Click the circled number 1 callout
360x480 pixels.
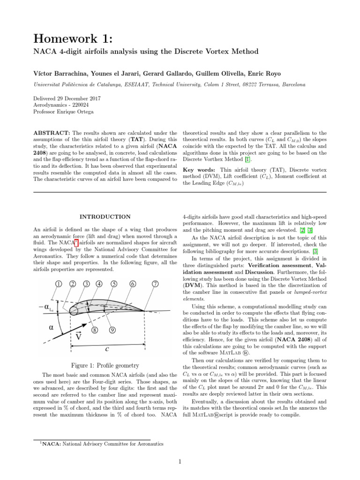coord(59,284)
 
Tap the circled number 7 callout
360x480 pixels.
coord(155,284)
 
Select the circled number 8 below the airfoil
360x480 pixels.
coord(95,330)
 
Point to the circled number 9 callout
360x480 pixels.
coord(112,330)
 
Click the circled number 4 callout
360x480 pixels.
coord(99,284)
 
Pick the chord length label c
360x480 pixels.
coord(107,349)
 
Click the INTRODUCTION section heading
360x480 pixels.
coord(105,217)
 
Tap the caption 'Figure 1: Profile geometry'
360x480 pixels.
coord(105,366)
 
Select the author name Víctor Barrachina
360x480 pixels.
coord(56,73)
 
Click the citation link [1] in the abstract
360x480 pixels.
coord(240,159)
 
